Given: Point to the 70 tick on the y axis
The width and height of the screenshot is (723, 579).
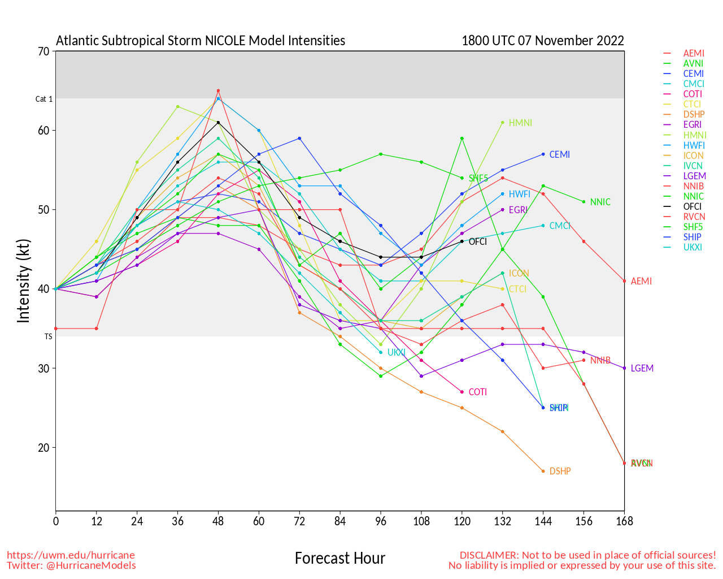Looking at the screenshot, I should (43, 51).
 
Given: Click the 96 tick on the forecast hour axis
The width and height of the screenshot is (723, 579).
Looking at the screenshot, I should (381, 521).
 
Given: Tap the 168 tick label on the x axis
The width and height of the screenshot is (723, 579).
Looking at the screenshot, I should (624, 521).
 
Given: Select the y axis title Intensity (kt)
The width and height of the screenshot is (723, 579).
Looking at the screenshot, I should (23, 280).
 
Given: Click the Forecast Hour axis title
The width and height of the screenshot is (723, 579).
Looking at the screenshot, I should (339, 559).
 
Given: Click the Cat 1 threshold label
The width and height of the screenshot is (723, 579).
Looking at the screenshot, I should (44, 99).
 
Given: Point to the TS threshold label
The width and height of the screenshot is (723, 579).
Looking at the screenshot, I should (49, 336).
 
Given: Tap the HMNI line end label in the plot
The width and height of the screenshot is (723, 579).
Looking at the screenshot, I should (520, 123).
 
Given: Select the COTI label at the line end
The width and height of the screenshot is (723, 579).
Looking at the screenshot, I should (477, 392).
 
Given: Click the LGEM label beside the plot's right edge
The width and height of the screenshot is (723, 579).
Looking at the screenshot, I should (642, 368).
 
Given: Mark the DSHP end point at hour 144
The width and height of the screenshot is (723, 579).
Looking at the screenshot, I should (543, 471).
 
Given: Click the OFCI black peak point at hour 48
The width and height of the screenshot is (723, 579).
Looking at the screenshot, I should (218, 122).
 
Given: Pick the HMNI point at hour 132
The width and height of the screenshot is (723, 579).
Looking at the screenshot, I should (503, 122).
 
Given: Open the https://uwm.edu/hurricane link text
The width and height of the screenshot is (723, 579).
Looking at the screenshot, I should (71, 555).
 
